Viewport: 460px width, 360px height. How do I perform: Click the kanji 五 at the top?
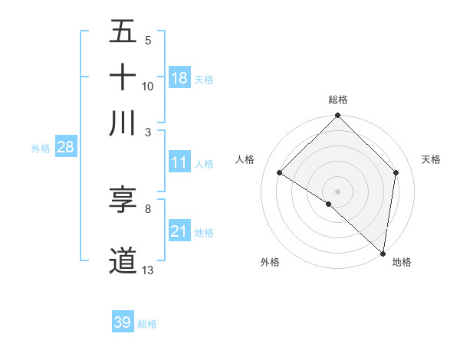coord(123,33)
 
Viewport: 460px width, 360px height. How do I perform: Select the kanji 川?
coord(123,122)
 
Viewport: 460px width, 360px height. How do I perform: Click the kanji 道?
coord(123,260)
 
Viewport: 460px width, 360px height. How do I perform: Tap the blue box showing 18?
coord(179,78)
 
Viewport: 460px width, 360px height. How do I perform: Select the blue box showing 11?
coord(179,162)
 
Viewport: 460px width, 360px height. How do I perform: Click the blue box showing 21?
coord(179,231)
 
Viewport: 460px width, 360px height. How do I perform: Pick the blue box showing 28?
coord(65,148)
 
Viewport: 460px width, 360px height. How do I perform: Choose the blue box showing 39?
coord(123,322)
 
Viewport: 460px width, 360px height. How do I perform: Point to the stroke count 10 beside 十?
coord(148,86)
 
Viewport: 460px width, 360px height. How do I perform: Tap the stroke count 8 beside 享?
coord(147,208)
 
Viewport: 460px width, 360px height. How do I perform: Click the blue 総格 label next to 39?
coord(147,324)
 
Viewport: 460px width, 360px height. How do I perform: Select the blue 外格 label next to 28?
coord(40,149)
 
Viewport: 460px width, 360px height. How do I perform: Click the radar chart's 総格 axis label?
coord(338,100)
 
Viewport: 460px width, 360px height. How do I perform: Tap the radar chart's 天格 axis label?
coord(432,159)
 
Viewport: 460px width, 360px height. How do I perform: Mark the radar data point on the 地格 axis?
coord(383,253)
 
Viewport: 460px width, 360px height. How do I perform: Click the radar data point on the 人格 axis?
coord(280,172)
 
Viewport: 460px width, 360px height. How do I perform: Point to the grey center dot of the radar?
coord(338,191)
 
